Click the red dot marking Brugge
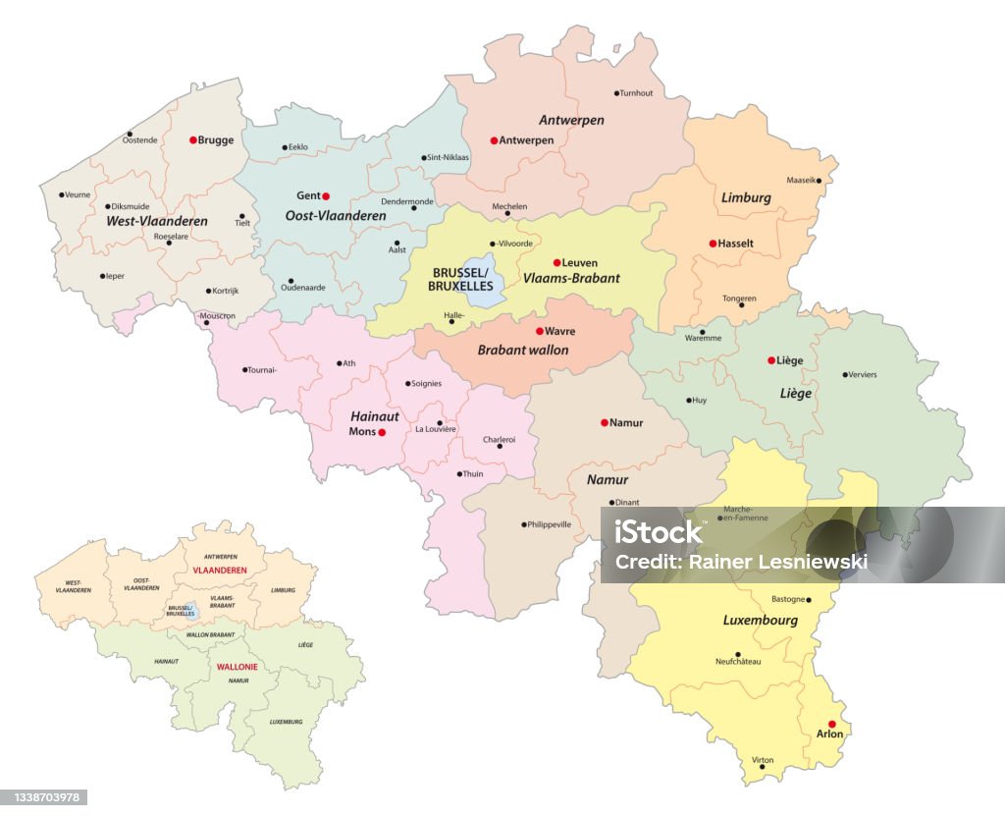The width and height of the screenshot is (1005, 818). [x=193, y=140]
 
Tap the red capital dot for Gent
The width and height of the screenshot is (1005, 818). [x=326, y=195]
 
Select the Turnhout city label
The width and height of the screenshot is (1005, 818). [x=636, y=93]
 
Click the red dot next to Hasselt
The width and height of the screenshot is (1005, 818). [x=713, y=243]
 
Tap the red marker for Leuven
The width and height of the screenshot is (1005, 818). [x=556, y=262]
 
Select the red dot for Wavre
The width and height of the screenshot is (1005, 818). [x=539, y=331]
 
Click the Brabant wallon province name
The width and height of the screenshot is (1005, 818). [x=522, y=350]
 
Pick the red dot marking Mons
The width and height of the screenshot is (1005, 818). [x=382, y=431]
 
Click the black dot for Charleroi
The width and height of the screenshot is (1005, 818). [x=500, y=446]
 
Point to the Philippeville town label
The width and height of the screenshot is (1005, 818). [x=550, y=524]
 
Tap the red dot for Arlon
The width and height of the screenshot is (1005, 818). [x=832, y=724]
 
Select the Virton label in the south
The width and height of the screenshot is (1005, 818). [x=763, y=759]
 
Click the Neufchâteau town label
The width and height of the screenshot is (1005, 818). [x=738, y=662]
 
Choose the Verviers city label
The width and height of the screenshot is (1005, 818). [x=864, y=374]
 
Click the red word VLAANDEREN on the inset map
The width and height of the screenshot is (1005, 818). [x=219, y=571]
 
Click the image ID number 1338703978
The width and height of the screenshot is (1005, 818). [x=44, y=797]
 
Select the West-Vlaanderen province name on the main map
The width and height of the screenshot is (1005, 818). [x=157, y=221]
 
